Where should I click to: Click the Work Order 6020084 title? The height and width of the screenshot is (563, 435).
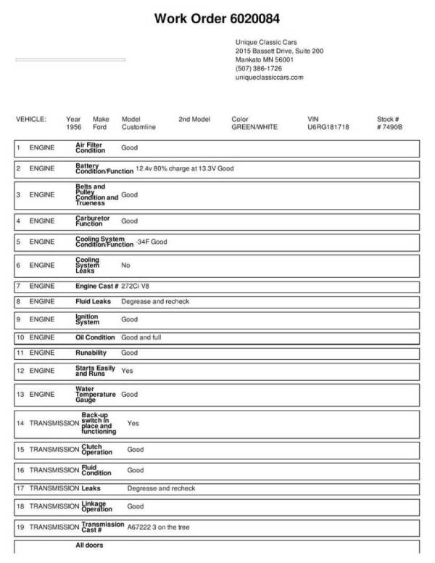point(217,18)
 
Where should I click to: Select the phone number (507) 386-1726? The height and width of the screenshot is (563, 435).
point(259,68)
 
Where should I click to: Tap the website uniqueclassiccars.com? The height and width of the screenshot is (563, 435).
point(269,77)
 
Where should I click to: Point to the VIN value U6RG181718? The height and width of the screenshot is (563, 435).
point(328,126)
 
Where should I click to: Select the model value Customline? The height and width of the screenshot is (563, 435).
point(138,126)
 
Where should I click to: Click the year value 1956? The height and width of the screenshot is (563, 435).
point(74,126)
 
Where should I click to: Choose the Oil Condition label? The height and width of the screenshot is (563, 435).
point(95,337)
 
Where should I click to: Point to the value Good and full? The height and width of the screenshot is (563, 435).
point(142,337)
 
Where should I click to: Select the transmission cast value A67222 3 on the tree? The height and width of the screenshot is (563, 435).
point(158,527)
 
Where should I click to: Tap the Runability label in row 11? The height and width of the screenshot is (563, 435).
point(91,353)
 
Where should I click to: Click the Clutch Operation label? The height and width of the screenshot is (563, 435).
point(91,450)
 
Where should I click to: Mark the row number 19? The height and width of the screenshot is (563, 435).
point(20,527)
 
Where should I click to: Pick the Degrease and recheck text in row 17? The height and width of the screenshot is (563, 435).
point(161,488)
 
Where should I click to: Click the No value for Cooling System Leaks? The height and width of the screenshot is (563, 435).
point(125,266)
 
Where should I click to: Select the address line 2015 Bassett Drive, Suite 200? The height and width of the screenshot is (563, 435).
point(279,52)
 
